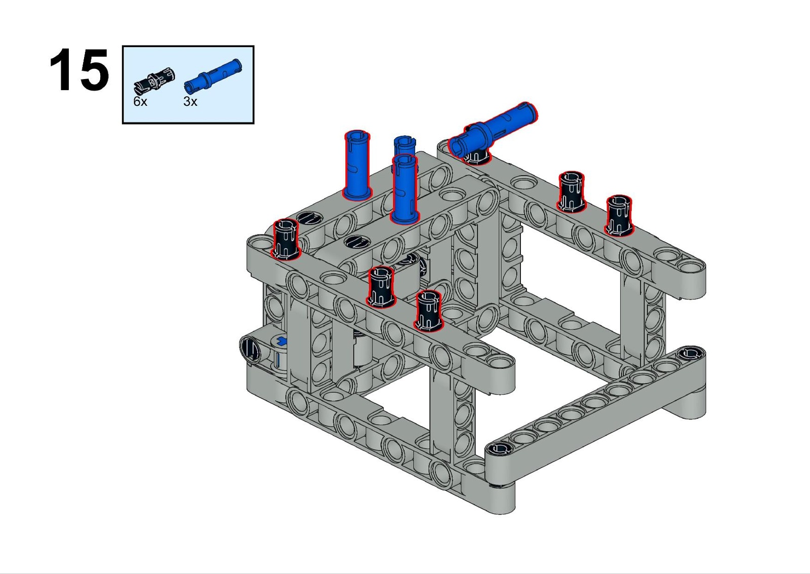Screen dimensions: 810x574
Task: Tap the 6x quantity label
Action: coord(140,102)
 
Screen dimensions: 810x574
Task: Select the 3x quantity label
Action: coord(190,102)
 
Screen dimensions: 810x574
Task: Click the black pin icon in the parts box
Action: coord(154,81)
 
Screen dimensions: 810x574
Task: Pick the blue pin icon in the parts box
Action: coord(213,75)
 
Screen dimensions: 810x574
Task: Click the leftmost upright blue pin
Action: coord(357,165)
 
